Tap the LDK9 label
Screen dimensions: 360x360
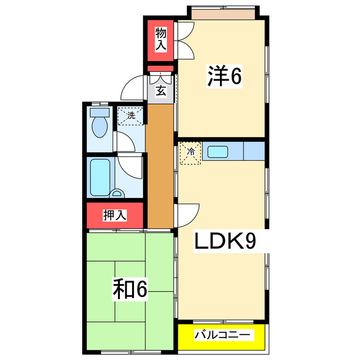[x=226, y=241]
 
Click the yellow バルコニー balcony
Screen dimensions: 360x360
[x=222, y=335]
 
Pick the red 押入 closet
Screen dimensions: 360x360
[x=115, y=215]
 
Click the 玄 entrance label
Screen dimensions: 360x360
[x=160, y=91]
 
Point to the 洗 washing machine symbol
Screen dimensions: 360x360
[x=130, y=116]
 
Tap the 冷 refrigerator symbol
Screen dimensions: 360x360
[x=190, y=152]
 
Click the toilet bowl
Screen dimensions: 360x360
[x=100, y=128]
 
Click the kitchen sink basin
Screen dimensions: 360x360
[x=217, y=151]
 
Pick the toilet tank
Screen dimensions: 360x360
[x=100, y=111]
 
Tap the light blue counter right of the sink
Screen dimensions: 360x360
[x=254, y=151]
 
